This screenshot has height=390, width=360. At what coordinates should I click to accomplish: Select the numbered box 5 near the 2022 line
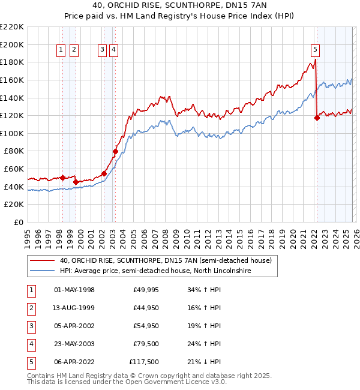click(316, 50)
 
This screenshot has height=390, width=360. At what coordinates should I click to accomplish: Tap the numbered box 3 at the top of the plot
click(103, 50)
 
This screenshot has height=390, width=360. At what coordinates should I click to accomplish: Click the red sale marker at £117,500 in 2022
click(317, 118)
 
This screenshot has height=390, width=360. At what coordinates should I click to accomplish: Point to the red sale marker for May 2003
click(115, 152)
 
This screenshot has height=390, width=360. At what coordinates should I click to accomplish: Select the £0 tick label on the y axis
click(19, 222)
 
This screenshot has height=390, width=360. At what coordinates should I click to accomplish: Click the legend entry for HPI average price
click(155, 271)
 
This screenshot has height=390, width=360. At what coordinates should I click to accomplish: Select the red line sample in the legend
click(43, 260)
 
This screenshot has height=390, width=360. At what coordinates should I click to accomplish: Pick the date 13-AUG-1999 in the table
click(74, 308)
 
